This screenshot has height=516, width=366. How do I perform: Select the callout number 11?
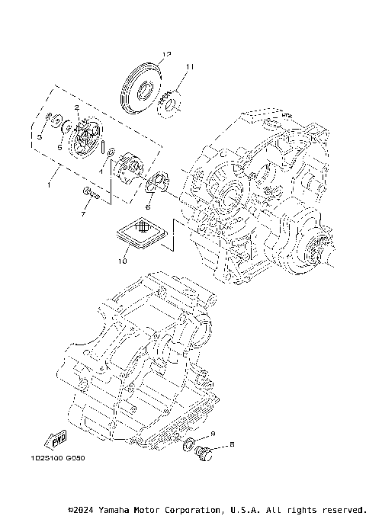click(189, 67)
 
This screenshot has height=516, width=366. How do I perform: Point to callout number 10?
click(122, 261)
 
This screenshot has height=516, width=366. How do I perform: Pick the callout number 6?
click(149, 206)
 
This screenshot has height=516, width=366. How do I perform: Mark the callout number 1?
click(50, 184)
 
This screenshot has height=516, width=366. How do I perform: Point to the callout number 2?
click(77, 108)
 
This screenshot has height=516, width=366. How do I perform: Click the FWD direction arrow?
click(56, 439)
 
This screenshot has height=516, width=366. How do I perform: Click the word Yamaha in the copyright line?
click(120, 508)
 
